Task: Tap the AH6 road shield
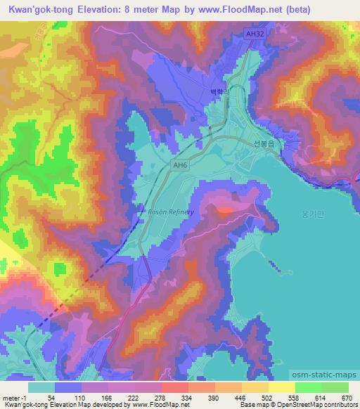pyautogui.click(x=181, y=165)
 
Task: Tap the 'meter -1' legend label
pyautogui.click(x=14, y=397)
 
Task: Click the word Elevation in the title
pyautogui.click(x=107, y=9)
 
